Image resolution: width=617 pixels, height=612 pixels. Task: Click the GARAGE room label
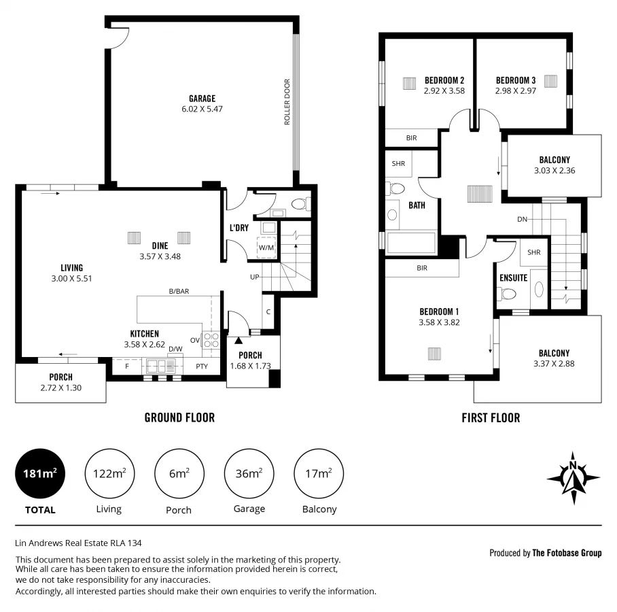click(202, 99)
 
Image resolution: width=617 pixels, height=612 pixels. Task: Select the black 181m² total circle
click(40, 474)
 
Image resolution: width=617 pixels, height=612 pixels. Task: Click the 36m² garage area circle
click(249, 474)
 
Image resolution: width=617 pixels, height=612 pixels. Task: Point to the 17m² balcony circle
click(319, 474)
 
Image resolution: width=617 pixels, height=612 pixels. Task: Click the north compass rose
click(574, 478)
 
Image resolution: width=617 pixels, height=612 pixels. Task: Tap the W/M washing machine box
click(266, 247)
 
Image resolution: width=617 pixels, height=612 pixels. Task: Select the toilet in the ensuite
click(507, 293)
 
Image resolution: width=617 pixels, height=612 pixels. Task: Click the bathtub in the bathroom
click(410, 242)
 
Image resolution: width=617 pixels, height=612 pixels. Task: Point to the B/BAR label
click(179, 291)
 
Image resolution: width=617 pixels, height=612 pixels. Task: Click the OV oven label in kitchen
click(194, 340)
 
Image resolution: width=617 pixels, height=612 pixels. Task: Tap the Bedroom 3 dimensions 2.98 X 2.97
click(516, 90)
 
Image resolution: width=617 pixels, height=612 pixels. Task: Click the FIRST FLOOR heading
click(490, 418)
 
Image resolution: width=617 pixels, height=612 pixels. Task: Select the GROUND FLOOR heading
click(179, 418)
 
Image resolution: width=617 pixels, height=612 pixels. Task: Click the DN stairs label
click(522, 219)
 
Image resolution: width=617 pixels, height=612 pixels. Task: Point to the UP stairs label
click(254, 277)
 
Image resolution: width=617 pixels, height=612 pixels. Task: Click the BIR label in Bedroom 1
click(422, 268)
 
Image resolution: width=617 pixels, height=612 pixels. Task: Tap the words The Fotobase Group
click(567, 553)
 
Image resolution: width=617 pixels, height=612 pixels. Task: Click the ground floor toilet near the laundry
click(302, 203)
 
